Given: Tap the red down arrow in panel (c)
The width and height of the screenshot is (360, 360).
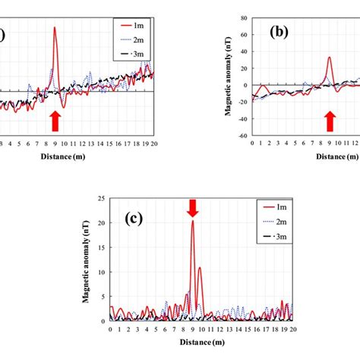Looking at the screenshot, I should point(193,207).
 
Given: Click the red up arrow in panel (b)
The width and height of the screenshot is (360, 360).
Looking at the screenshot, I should point(330,119).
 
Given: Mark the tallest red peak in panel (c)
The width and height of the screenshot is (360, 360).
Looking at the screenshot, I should point(193,222).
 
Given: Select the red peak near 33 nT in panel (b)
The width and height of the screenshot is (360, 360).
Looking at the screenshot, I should point(329,58).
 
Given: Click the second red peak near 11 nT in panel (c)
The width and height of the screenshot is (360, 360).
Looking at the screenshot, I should point(200,267).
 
